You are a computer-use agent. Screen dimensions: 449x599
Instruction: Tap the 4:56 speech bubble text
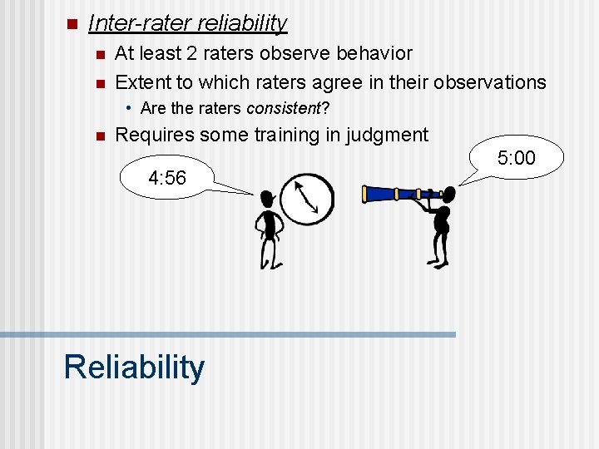pos(166,177)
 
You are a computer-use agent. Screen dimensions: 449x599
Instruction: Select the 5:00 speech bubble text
pos(516,158)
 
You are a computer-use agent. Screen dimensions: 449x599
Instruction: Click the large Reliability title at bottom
pos(134,367)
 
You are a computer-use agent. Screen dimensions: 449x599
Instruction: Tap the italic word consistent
pos(280,108)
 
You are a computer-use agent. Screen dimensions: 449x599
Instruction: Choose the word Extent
pos(142,81)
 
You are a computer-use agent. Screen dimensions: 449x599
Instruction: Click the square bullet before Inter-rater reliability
pos(71,23)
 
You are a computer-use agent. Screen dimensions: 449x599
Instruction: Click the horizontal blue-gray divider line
pos(228,334)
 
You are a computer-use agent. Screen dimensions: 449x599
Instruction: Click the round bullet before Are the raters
pos(130,108)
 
